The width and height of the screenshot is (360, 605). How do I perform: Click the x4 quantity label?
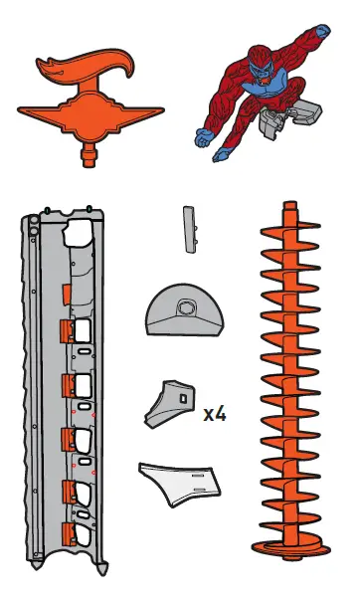pyautogui.click(x=214, y=413)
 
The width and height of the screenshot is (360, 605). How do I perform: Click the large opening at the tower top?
pyautogui.click(x=78, y=235)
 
